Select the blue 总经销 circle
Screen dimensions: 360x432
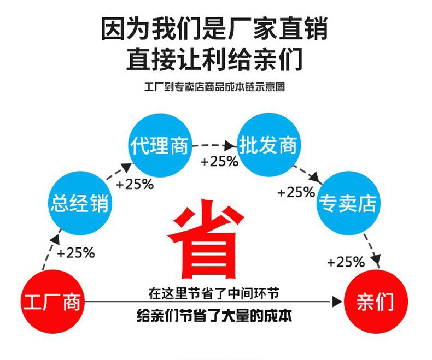click(x=79, y=204)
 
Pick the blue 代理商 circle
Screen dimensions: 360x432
click(x=159, y=145)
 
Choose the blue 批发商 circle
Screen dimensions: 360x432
click(x=268, y=145)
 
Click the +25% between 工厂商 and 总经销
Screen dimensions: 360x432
click(x=76, y=253)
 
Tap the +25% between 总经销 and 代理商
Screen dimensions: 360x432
click(x=135, y=184)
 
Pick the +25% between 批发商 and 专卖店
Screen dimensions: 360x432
click(x=296, y=192)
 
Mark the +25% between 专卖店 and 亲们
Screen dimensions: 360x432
click(x=346, y=262)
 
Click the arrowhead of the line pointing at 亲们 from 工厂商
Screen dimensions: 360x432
click(x=337, y=301)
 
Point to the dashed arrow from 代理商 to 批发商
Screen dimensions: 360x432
click(x=214, y=146)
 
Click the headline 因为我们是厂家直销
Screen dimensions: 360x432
click(x=214, y=29)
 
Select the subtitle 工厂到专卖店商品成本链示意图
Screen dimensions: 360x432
click(x=214, y=87)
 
